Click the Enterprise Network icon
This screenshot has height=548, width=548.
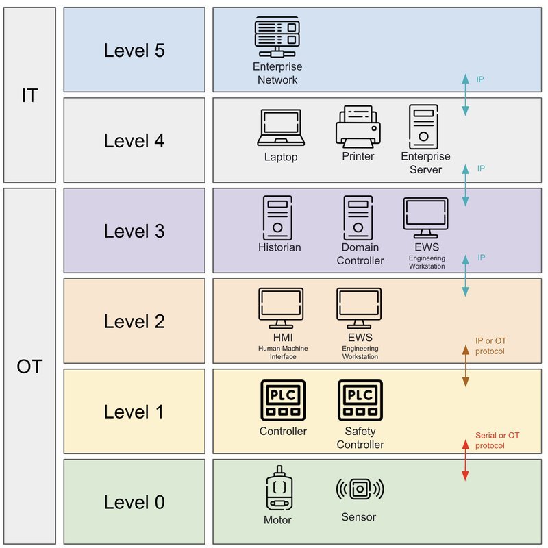tap(277, 37)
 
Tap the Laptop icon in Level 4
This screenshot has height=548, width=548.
tap(281, 127)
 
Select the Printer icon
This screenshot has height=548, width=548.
tap(358, 127)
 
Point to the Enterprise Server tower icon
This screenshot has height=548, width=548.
tap(423, 127)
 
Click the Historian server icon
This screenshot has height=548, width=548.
tap(277, 218)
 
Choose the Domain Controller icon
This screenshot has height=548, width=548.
tap(358, 218)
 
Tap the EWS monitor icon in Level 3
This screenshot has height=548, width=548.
tap(425, 218)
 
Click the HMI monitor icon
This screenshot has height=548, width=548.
tap(281, 308)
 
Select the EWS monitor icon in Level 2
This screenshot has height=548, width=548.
tap(359, 308)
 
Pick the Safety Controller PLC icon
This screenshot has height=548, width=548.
tap(360, 400)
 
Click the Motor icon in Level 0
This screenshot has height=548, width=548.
tap(279, 488)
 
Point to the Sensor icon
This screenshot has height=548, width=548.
tap(360, 489)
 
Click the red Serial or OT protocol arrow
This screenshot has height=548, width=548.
tap(465, 460)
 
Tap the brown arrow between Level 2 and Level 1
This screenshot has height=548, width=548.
tap(466, 366)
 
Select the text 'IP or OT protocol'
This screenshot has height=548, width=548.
tap(490, 346)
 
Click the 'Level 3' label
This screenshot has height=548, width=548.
tap(134, 231)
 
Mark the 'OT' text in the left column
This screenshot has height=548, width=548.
tap(29, 366)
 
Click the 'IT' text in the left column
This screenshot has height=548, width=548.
tap(29, 95)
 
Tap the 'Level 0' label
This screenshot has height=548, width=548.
tap(134, 502)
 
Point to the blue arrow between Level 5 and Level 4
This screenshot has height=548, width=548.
tap(465, 95)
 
